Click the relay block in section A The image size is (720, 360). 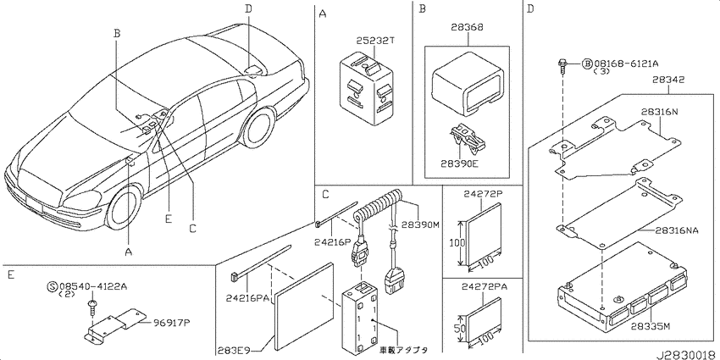tap(366, 91)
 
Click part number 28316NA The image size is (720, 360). tap(678, 230)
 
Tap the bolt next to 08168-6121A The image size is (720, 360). tap(562, 67)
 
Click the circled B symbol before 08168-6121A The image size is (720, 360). tap(587, 64)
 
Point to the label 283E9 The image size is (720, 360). tap(235, 347)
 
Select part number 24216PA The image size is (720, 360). tap(247, 299)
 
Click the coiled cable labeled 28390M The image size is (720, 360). tap(379, 206)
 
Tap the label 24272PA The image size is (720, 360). tap(483, 287)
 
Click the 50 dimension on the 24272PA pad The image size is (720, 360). tap(461, 329)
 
